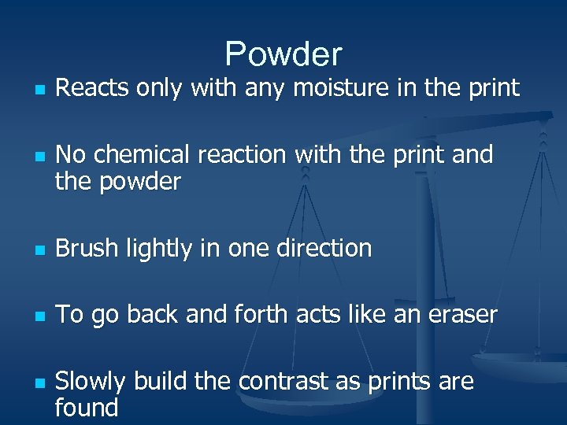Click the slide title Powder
coord(283,54)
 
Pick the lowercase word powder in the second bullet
coord(139,183)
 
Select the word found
coord(87,408)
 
